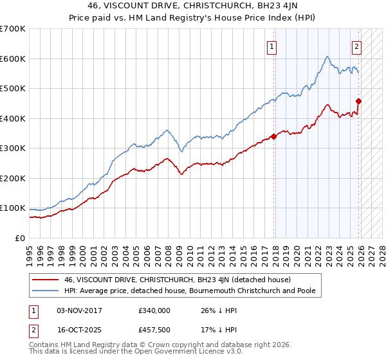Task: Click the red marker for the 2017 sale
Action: pyautogui.click(x=274, y=136)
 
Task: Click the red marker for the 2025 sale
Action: pyautogui.click(x=358, y=101)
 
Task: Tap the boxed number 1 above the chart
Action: pyautogui.click(x=272, y=46)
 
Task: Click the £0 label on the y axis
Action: pyautogui.click(x=21, y=238)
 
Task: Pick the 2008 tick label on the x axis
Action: pyautogui.click(x=170, y=251)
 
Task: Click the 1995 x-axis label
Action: pyautogui.click(x=30, y=251)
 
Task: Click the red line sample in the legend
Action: pyautogui.click(x=46, y=280)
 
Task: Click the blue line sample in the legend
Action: pyautogui.click(x=46, y=291)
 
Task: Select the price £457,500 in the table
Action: pyautogui.click(x=154, y=331)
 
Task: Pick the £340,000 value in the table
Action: pyautogui.click(x=154, y=310)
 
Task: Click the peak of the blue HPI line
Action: pyautogui.click(x=327, y=57)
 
